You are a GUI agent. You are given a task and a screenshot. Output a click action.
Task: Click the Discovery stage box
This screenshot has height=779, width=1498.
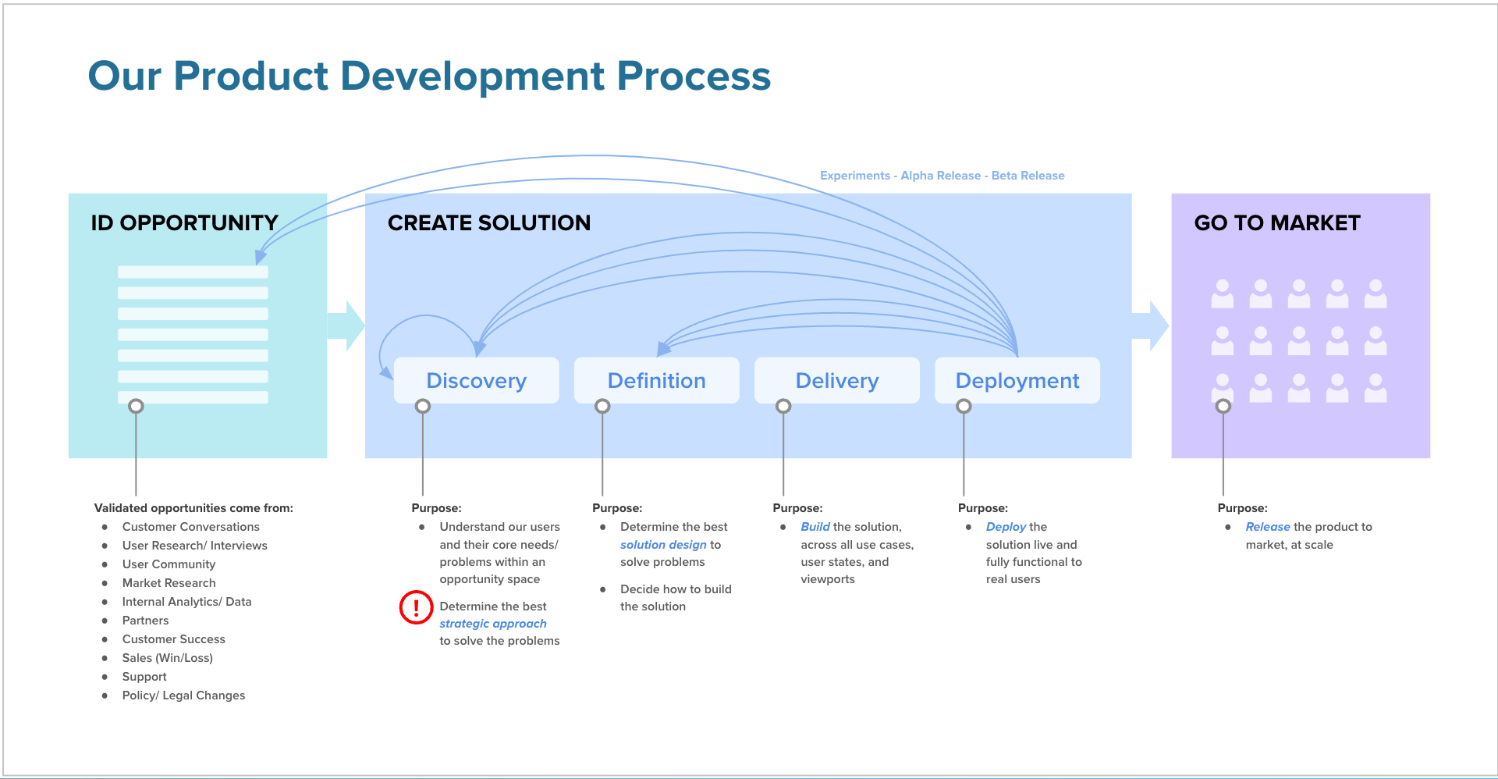point(476,381)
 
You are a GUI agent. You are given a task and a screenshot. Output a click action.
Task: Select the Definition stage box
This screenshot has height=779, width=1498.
point(656,381)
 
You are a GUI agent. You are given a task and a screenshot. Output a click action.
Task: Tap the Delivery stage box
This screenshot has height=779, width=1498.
point(836,381)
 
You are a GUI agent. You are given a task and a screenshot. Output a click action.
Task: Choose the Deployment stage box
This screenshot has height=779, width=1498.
point(1017,381)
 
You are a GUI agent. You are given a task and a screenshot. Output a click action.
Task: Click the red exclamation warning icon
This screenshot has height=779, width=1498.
point(416,607)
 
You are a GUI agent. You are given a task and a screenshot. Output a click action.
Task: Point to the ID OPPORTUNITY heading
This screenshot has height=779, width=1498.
point(184,223)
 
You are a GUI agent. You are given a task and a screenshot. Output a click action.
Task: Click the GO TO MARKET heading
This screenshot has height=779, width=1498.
point(1276,223)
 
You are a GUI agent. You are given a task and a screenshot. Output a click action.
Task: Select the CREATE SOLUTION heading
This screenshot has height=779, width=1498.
point(488,223)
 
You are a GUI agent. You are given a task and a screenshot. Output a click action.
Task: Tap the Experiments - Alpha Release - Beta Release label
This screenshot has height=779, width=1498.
point(942,176)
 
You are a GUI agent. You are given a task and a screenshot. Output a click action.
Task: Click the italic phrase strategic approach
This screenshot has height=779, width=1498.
point(492,624)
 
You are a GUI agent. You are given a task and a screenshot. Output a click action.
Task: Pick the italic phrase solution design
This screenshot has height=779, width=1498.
point(663,545)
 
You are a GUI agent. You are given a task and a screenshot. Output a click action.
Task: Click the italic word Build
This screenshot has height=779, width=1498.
point(815,527)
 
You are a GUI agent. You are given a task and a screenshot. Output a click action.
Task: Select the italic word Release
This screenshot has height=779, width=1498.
point(1267,527)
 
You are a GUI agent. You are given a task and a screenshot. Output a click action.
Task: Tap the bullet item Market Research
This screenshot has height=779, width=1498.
point(169,583)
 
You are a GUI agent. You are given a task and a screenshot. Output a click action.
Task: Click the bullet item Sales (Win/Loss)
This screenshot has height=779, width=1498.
point(167,658)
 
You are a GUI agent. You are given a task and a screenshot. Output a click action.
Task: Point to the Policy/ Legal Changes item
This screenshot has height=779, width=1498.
point(183,695)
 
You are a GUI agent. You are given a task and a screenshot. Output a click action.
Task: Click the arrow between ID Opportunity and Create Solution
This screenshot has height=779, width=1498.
point(346,325)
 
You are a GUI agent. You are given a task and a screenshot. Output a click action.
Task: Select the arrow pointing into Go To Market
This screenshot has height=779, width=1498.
point(1151,325)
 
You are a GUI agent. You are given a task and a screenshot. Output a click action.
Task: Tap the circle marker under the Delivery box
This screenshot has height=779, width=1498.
point(783,406)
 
